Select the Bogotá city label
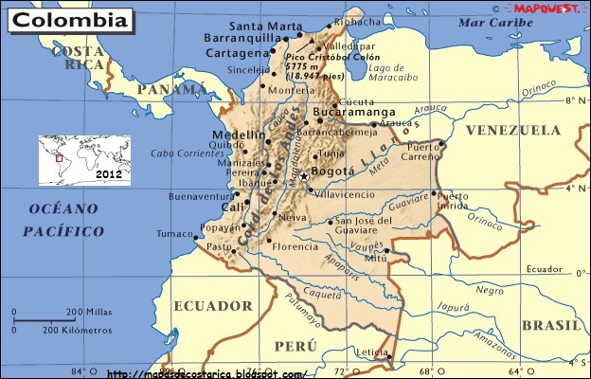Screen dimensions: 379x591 pos(332,172)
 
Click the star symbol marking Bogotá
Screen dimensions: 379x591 pos(304,176)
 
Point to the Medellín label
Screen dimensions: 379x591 pos(232,135)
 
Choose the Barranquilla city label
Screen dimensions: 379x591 pos(237,40)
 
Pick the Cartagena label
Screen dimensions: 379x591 pos(236,54)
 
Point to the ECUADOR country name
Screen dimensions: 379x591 pos(214,306)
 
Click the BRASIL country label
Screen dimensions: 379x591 pos(553,325)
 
